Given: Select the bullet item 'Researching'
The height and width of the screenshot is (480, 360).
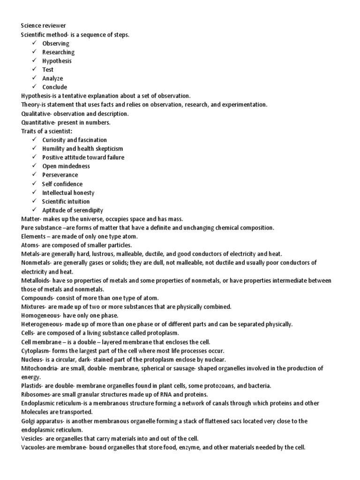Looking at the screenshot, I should (x=58, y=52).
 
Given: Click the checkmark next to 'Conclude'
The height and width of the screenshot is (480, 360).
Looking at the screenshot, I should (x=35, y=87).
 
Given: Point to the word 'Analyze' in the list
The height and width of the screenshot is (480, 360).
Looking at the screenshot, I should (x=52, y=78).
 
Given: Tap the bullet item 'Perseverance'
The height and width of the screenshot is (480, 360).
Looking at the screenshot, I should (x=60, y=175).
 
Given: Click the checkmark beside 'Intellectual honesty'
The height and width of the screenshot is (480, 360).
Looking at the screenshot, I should (x=35, y=193).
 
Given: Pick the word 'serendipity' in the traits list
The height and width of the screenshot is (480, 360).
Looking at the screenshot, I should (x=88, y=210).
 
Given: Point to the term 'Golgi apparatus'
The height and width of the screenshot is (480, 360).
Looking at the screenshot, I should (x=45, y=421).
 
